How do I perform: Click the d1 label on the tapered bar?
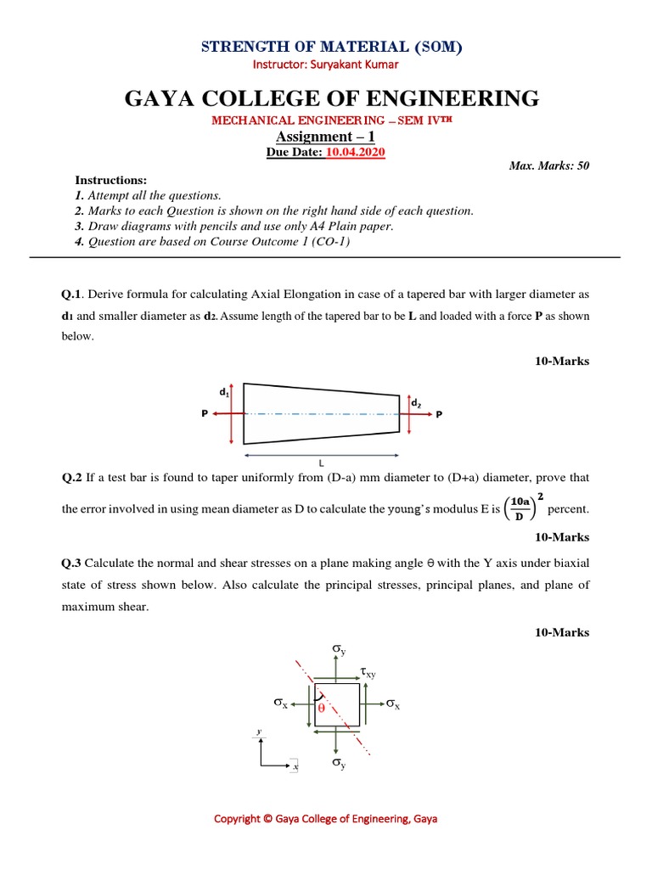(x=224, y=392)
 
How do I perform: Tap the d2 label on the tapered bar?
(x=416, y=404)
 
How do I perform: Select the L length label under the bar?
(x=322, y=464)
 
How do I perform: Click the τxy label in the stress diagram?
(x=368, y=673)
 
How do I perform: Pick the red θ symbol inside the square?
(x=322, y=707)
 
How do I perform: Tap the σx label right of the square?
(x=392, y=704)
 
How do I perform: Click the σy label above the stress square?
(x=339, y=650)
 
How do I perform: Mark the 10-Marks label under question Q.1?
(x=561, y=362)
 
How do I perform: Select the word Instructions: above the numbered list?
(x=111, y=181)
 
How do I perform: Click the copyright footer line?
(x=326, y=819)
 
